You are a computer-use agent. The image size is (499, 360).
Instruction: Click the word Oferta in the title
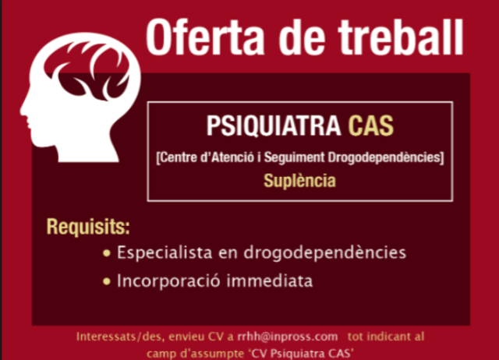click(205, 37)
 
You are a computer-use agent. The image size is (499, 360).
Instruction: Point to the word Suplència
click(300, 181)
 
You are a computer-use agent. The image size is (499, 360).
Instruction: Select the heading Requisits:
click(88, 228)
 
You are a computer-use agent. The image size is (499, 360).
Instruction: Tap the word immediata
click(274, 281)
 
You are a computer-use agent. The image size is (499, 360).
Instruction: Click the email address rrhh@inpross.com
click(288, 337)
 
